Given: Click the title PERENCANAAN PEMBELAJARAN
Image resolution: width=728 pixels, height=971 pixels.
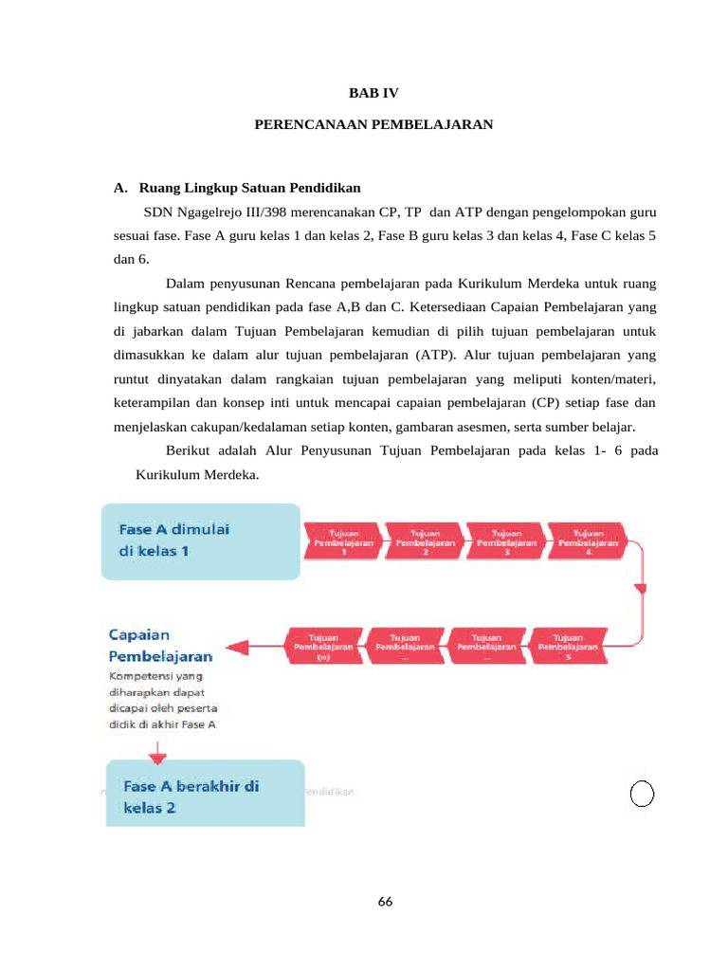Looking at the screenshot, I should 373,124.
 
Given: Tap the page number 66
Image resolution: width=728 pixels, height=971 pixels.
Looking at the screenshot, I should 384,902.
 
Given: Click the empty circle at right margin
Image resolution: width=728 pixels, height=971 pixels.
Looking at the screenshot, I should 642,794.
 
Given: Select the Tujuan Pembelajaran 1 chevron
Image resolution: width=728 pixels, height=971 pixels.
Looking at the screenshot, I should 343,541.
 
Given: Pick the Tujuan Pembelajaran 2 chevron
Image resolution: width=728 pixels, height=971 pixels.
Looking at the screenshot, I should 425,541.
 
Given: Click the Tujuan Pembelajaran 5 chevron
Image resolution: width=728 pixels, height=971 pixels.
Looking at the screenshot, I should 567,647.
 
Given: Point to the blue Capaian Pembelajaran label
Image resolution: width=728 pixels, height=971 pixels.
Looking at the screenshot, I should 160,645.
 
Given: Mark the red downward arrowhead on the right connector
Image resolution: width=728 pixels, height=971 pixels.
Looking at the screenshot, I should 640,589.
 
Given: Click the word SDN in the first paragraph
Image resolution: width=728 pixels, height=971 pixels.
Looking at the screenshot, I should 159,211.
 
